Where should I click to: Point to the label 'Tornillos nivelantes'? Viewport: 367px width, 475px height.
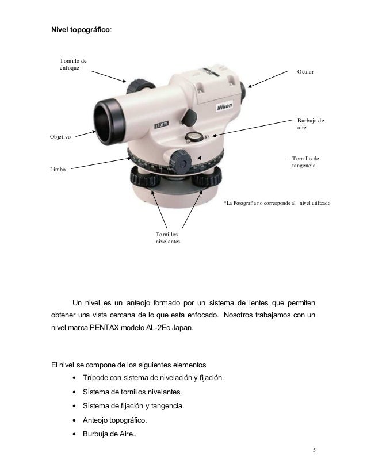(x=167, y=238)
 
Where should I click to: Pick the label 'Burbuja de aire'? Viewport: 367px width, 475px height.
(x=310, y=125)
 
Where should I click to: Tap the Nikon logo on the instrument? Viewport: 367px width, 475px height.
(x=224, y=107)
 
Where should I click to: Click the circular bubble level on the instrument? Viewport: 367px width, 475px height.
(x=194, y=136)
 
